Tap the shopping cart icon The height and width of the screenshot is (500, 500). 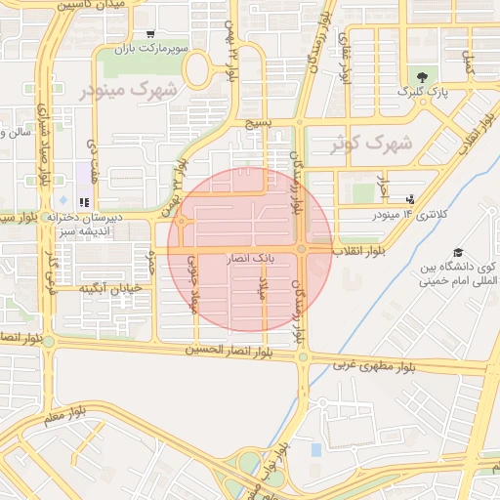[149, 34]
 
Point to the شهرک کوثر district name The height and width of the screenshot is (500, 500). [371, 143]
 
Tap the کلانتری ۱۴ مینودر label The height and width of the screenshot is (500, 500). [409, 213]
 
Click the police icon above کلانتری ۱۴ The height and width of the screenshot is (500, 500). [409, 199]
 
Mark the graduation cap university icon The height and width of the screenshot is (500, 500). [457, 251]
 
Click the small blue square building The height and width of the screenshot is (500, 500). [315, 449]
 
